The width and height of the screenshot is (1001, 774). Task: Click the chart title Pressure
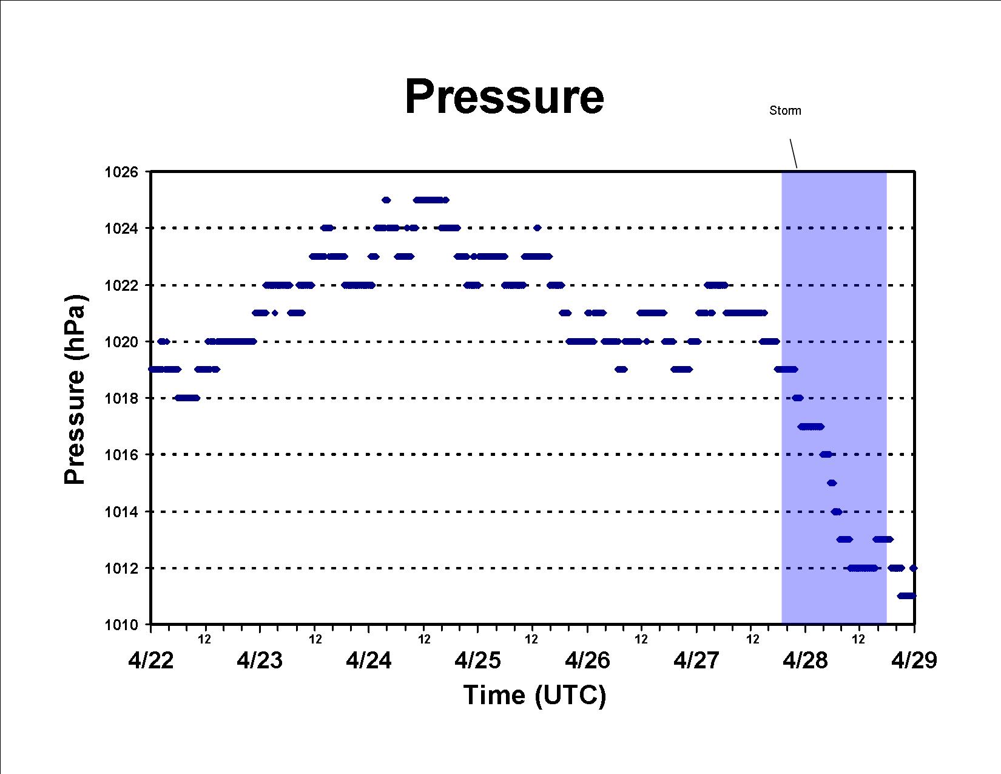point(504,97)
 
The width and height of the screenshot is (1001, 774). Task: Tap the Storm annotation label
point(785,110)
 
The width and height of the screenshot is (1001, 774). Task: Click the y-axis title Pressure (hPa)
point(75,389)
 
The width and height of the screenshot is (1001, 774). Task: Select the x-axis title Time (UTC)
point(534,694)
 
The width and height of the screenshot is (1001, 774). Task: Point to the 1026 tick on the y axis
point(121,172)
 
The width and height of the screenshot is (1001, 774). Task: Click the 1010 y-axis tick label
point(121,625)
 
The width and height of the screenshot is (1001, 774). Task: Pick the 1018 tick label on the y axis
point(121,398)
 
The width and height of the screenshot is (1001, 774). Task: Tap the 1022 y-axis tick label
point(121,285)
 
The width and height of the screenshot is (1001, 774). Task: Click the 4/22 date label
point(151,660)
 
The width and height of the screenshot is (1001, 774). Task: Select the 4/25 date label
point(477,660)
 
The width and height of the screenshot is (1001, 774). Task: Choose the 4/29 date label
point(914,660)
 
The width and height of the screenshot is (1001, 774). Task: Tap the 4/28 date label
point(805,660)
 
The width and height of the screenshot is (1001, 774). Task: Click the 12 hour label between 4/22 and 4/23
point(205,639)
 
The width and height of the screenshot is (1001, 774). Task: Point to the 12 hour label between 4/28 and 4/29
point(858,639)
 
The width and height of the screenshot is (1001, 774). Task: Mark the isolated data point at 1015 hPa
point(832,483)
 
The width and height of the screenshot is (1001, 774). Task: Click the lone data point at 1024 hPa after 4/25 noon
point(537,228)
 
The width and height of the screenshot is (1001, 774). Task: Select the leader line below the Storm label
point(794,154)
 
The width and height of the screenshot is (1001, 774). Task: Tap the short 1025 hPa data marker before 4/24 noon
point(386,200)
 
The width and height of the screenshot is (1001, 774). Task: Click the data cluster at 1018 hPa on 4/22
point(187,398)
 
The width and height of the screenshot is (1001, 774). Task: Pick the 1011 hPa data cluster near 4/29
point(906,596)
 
